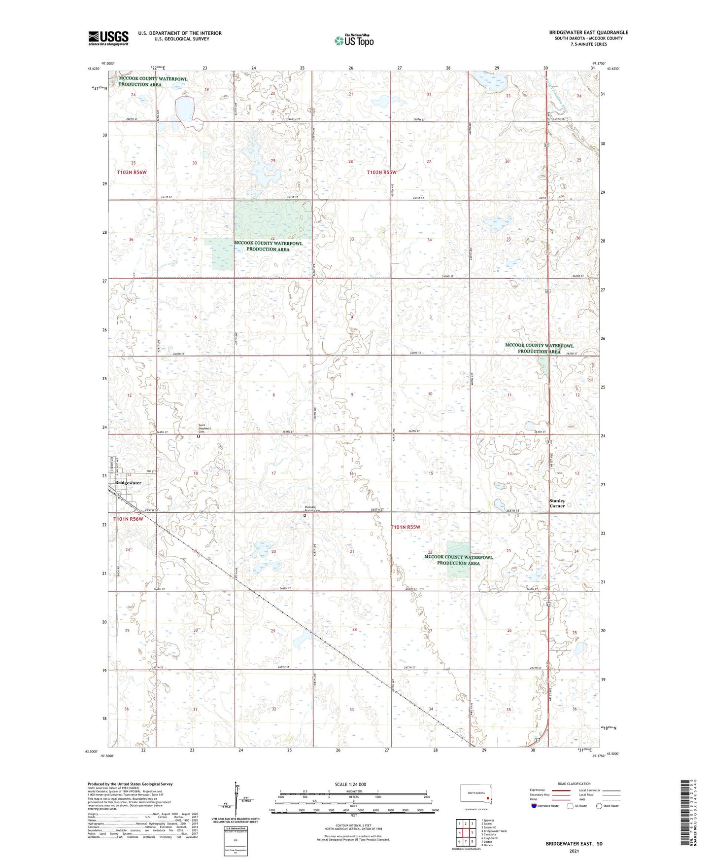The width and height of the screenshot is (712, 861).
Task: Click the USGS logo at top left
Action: tap(108, 38)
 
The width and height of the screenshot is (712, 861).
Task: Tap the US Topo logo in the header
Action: tap(353, 40)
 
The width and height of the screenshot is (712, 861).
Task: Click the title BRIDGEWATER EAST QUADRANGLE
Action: tap(588, 33)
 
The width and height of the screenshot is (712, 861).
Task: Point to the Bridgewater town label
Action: tap(128, 483)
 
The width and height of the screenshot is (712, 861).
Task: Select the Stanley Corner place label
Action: tap(557, 503)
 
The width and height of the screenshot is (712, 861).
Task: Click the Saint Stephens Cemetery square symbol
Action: tap(199, 436)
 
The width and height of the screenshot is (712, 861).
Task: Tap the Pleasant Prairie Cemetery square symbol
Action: tap(305, 515)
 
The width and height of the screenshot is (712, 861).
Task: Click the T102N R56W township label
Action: tap(132, 172)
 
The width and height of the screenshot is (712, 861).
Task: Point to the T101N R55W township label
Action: tap(405, 527)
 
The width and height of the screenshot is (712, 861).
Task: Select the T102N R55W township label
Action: tap(381, 172)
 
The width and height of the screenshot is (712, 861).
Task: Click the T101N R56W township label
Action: tap(128, 519)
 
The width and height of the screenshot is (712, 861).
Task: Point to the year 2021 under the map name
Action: tap(574, 851)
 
